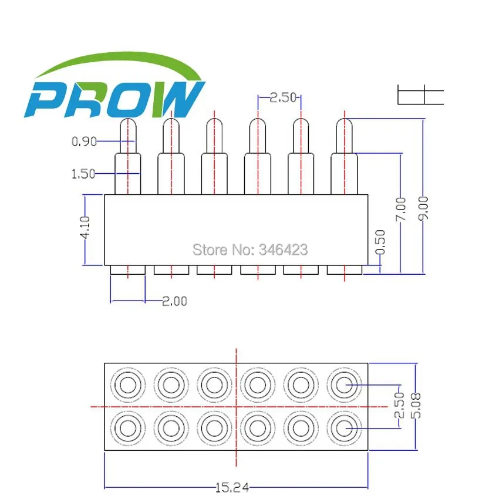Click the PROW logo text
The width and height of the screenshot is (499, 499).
pos(114,100)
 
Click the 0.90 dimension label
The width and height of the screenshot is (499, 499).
pos(84,141)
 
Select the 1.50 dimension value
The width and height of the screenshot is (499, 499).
pos(83,174)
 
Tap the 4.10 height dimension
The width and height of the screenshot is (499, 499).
pos(85,227)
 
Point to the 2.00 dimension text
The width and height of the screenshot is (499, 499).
pos(175,301)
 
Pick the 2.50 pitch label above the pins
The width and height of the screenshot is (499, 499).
pos(283,97)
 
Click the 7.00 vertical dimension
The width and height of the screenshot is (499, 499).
pos(401,209)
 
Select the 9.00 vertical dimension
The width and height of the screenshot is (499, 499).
pos(423,208)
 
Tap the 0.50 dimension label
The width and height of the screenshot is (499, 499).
pos(380,242)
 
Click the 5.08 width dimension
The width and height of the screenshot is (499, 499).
pos(416,406)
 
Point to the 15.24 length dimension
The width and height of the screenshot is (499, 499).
pos(232,487)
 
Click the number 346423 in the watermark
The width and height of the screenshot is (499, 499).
pos(283,249)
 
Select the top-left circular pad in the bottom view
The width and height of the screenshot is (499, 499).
pos(128,385)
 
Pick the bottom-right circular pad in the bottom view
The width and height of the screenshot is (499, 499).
pos(344,428)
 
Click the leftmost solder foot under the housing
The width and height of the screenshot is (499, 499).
pos(128,270)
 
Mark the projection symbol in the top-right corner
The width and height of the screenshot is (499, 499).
pos(420,95)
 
